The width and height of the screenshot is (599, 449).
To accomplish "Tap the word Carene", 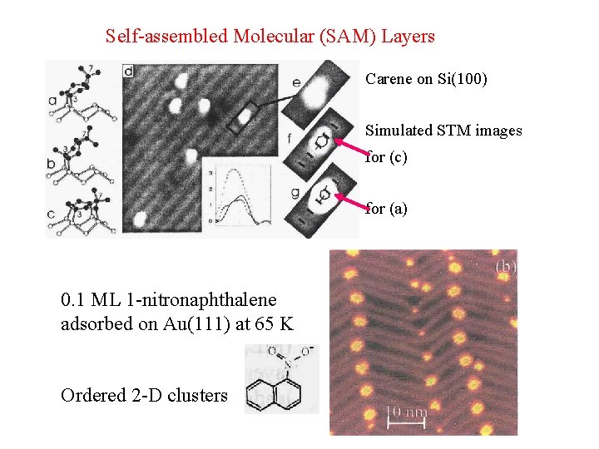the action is [389, 79].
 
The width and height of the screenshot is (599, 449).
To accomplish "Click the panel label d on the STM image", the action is [129, 71].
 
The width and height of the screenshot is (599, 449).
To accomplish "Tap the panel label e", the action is [296, 81].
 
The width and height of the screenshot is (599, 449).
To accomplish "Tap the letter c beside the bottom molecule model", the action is [52, 215].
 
